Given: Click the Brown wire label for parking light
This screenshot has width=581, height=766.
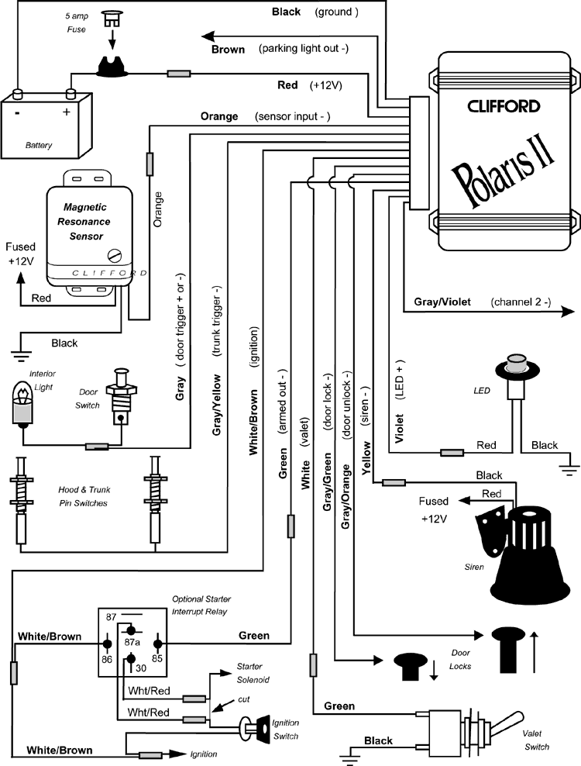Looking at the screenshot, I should (x=228, y=50).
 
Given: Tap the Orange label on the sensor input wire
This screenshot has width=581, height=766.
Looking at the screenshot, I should (x=219, y=117).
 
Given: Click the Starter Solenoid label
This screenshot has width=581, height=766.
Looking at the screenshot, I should (x=250, y=672).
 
